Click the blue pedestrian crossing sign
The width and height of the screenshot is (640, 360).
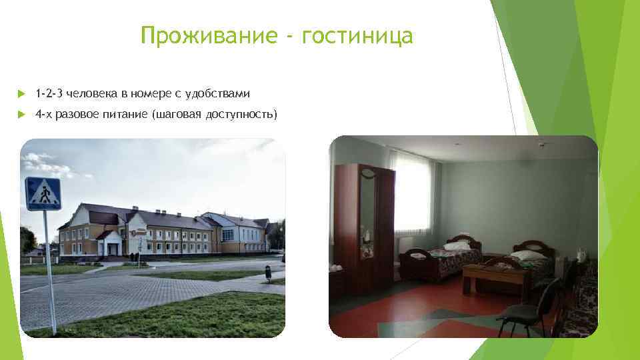point(43,193)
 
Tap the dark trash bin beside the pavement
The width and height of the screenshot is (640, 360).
point(267,272)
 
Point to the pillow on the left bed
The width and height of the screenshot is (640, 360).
point(457,245)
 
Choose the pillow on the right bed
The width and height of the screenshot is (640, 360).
point(527,255)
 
